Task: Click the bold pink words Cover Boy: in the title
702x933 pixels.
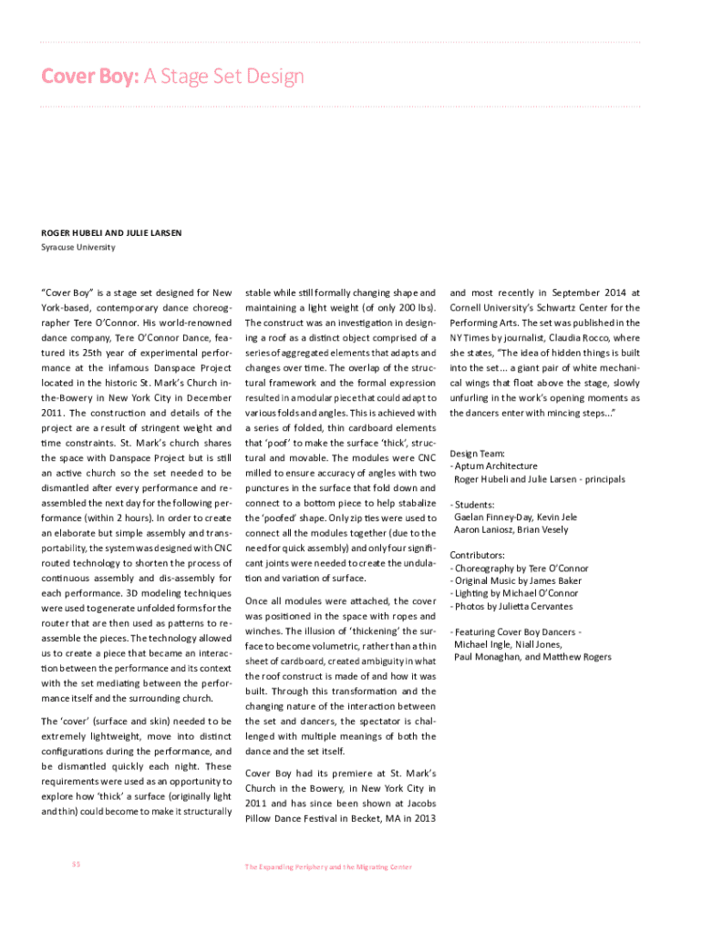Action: tap(88, 76)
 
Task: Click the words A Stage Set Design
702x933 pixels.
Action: tap(223, 76)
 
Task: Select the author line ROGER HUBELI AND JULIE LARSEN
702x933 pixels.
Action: tap(111, 233)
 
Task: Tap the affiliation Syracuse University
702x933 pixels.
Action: tap(78, 247)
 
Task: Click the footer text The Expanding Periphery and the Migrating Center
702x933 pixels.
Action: tap(327, 866)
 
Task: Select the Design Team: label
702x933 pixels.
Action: tap(478, 453)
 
